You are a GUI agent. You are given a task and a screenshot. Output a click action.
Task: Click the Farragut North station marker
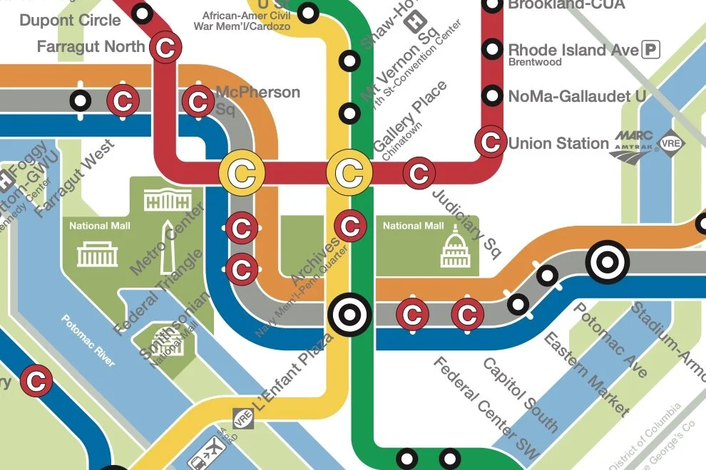[x=165, y=48]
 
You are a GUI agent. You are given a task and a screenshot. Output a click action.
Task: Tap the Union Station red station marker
[x=491, y=142]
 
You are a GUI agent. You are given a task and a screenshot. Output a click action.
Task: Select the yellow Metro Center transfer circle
[x=242, y=172]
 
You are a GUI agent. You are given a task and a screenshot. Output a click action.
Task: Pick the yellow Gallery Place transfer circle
[x=349, y=172]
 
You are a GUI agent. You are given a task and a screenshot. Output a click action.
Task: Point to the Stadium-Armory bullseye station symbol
[x=607, y=262]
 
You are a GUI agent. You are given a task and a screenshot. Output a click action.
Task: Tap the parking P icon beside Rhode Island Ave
[x=650, y=49]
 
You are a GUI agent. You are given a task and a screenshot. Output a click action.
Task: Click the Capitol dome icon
[x=455, y=249]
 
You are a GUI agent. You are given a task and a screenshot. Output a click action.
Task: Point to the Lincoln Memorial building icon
[x=97, y=253]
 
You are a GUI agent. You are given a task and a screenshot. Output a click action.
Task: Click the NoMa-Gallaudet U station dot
[x=491, y=95]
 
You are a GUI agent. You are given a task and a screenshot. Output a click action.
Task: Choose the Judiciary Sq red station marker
[x=419, y=172]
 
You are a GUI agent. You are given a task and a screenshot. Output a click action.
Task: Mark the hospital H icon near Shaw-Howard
[x=411, y=23]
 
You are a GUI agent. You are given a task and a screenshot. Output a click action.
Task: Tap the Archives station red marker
[x=350, y=226]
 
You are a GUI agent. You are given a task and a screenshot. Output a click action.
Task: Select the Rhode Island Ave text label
[x=573, y=50]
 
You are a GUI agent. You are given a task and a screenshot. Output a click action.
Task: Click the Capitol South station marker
[x=468, y=313]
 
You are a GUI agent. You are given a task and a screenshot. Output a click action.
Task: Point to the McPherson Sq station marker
[x=197, y=101]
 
